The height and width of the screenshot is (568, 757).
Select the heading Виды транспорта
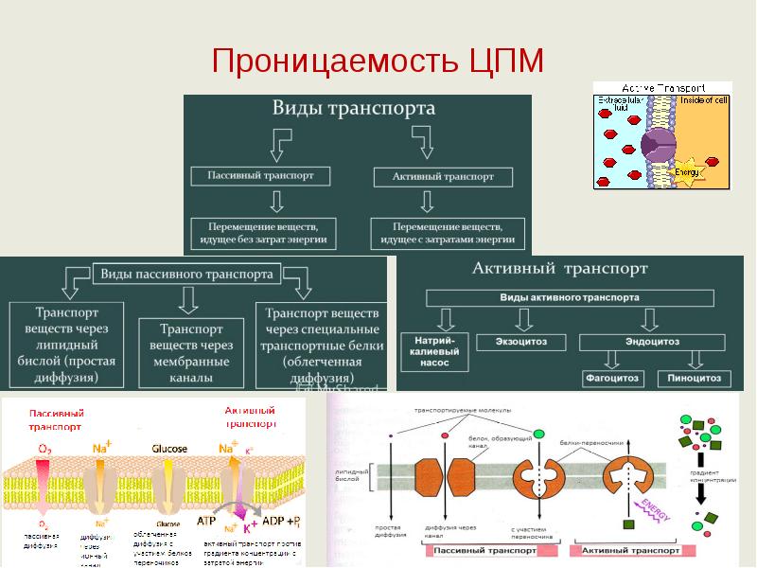coord(354,108)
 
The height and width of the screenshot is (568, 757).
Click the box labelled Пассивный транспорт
coord(260,176)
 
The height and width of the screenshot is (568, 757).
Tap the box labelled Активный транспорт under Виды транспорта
coord(442,177)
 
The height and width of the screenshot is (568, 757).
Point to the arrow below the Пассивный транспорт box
coord(276,201)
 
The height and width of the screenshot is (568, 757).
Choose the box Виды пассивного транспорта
coord(187,275)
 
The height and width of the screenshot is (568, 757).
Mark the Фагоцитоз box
coord(612,379)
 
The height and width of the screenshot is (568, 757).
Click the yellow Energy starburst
coord(689,170)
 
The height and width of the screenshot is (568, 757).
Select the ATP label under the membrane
coord(203,521)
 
